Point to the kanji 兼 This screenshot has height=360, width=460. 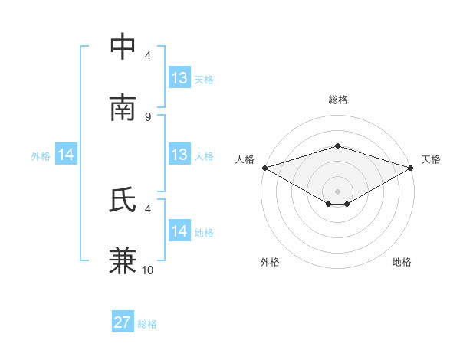pyautogui.click(x=123, y=260)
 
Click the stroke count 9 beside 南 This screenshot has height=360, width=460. pyautogui.click(x=148, y=116)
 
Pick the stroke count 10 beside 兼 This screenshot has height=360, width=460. pyautogui.click(x=148, y=270)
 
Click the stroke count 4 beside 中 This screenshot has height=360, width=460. pyautogui.click(x=148, y=55)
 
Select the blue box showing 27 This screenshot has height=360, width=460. pyautogui.click(x=123, y=322)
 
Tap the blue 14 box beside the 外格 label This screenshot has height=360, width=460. pyautogui.click(x=66, y=155)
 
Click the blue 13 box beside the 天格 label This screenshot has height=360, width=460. pyautogui.click(x=179, y=77)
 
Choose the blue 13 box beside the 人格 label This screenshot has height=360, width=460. pyautogui.click(x=179, y=155)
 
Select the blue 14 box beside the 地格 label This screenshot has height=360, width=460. pyautogui.click(x=179, y=231)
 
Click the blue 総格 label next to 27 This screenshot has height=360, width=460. pyautogui.click(x=148, y=324)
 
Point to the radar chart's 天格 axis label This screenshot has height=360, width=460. pyautogui.click(x=432, y=159)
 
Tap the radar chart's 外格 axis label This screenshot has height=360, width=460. pyautogui.click(x=270, y=262)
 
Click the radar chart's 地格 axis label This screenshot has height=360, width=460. pyautogui.click(x=402, y=262)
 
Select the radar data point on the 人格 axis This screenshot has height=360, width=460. pyautogui.click(x=264, y=167)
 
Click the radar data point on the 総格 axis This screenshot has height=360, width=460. pyautogui.click(x=337, y=146)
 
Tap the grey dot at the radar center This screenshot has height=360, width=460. pyautogui.click(x=337, y=191)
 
